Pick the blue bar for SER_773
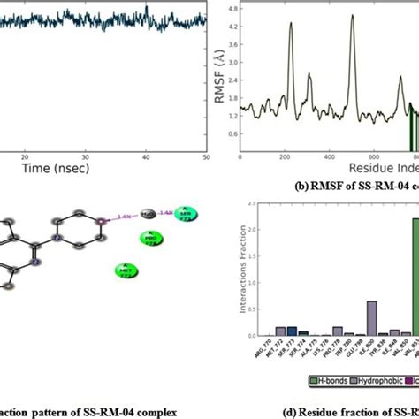pos(292,333)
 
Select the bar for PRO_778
pos(338,333)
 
